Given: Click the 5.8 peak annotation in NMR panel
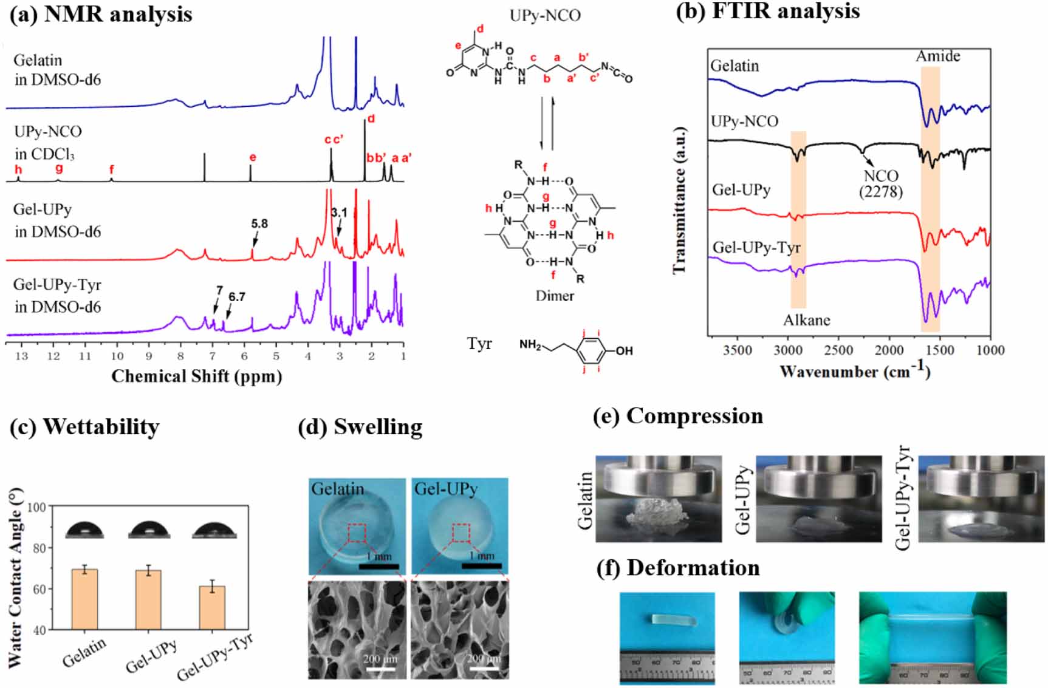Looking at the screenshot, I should (259, 223).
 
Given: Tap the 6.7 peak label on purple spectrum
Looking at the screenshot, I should (236, 297).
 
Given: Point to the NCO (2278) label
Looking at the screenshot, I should (880, 183).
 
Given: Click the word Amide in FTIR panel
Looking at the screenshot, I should (937, 56).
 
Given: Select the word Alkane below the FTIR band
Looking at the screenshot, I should (806, 320).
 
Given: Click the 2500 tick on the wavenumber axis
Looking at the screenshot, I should (838, 350).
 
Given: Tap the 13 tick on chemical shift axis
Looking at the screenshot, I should (21, 356).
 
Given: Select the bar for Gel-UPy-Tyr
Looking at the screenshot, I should (212, 607).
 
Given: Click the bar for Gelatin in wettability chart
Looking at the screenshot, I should (84, 599).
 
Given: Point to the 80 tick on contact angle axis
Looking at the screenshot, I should (39, 548).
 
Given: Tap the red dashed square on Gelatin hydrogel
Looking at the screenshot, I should (357, 533).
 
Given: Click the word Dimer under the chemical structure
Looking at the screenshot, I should (554, 296).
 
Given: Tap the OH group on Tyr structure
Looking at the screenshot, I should (623, 351).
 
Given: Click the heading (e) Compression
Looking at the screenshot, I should (678, 416).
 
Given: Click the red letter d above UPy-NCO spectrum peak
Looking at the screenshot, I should (371, 118).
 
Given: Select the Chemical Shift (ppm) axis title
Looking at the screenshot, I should (196, 376).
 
